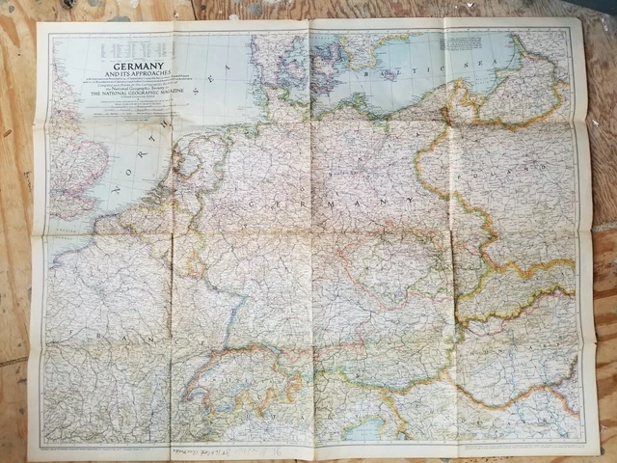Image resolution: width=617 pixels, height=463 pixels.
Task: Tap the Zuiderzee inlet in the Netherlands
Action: [x=183, y=169]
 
